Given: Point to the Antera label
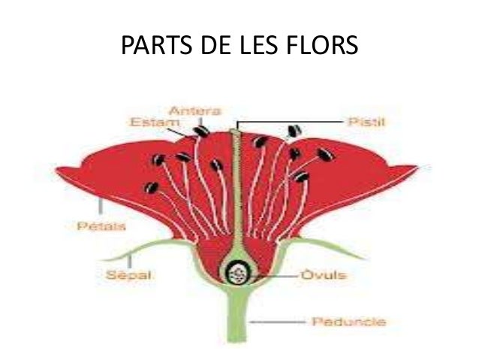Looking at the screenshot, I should pyautogui.click(x=198, y=111).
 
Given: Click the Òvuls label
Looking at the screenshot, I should pyautogui.click(x=325, y=276).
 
